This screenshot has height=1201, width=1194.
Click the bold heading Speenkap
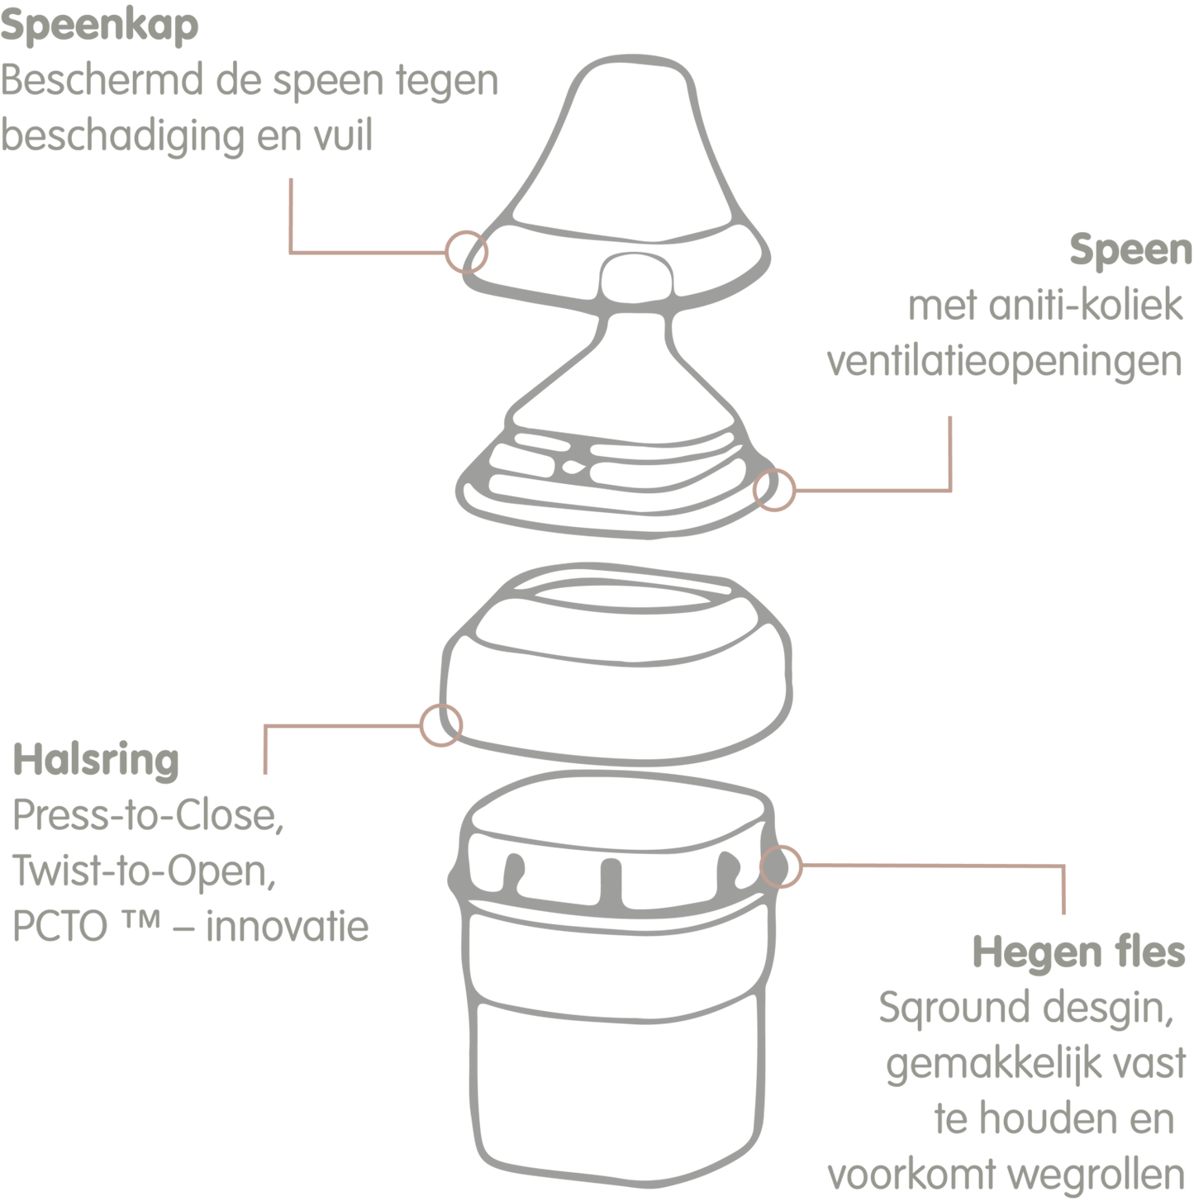pyautogui.click(x=100, y=26)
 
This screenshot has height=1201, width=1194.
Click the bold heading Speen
pyautogui.click(x=1130, y=250)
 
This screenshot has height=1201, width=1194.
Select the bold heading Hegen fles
pyautogui.click(x=1078, y=954)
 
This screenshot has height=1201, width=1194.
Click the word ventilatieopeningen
pyautogui.click(x=1005, y=363)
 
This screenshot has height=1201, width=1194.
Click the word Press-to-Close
pyautogui.click(x=148, y=815)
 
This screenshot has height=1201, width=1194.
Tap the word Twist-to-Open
pyautogui.click(x=144, y=871)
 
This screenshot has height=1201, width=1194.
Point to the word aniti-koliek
pyautogui.click(x=1086, y=306)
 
